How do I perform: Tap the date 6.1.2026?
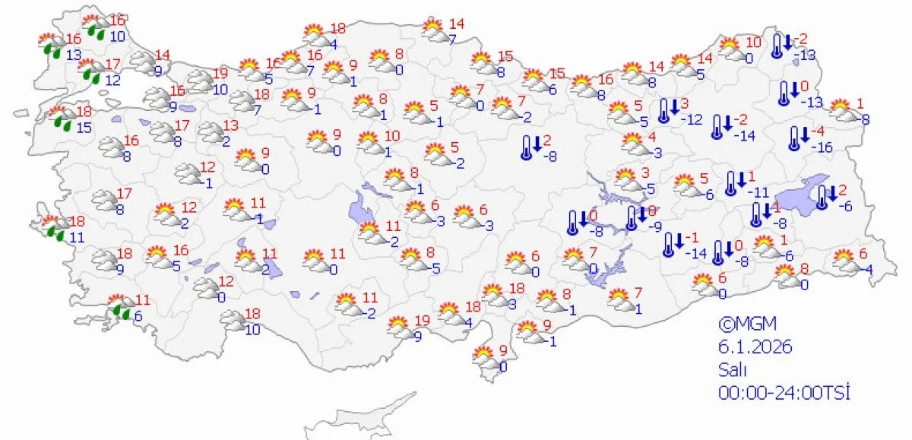[755, 347]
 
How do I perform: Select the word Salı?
[733, 370]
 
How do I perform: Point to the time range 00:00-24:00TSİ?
[783, 393]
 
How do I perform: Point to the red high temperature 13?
[230, 125]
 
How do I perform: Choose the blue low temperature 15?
[84, 128]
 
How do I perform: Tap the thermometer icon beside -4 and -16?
[795, 138]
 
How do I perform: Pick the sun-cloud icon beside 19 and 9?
[399, 325]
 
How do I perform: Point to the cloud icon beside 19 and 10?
[199, 80]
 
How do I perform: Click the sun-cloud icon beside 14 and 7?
[433, 30]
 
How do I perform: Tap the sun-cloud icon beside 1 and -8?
[842, 109]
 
